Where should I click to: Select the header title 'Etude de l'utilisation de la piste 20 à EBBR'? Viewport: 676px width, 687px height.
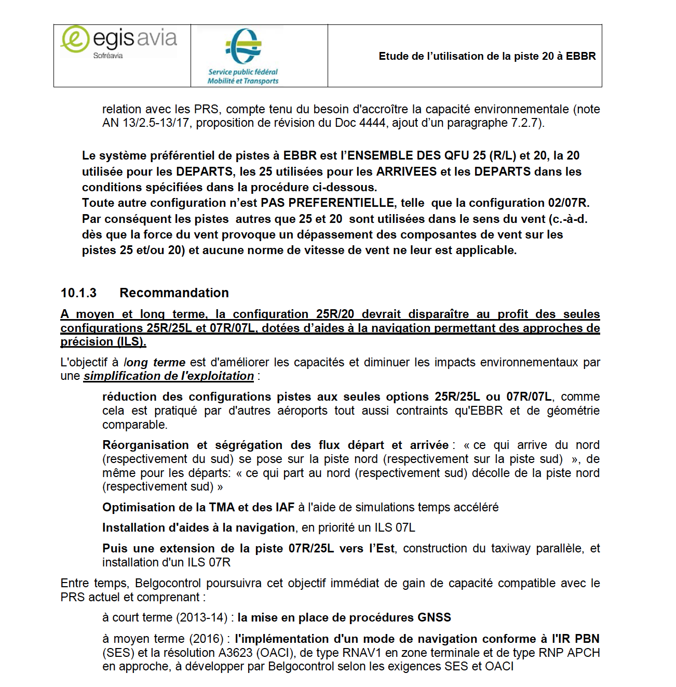487,56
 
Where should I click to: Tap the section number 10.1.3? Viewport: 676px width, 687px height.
78,293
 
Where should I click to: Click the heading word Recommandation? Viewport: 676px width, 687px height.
174,293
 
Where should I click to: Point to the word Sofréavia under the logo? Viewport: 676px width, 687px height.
108,56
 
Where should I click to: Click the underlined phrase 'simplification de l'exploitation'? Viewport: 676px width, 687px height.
169,376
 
